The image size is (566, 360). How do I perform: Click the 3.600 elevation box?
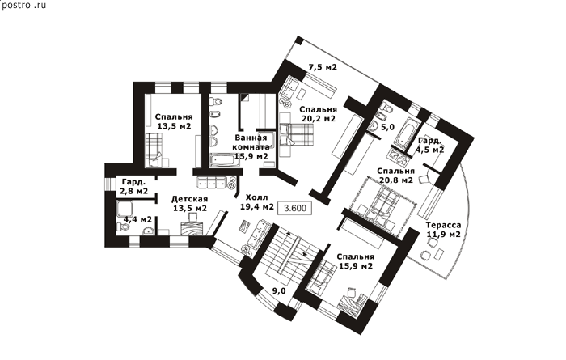click(294, 209)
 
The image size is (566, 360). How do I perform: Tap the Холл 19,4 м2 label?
click(257, 202)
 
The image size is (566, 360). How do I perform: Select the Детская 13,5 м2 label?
click(189, 204)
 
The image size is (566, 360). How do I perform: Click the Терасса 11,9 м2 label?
click(443, 230)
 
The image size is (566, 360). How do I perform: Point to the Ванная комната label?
click(251, 142)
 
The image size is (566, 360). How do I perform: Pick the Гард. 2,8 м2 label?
click(135, 186)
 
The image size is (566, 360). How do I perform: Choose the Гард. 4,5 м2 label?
click(430, 145)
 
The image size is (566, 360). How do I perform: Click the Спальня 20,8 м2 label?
click(395, 175)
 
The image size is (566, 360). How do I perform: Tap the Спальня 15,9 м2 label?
click(356, 261)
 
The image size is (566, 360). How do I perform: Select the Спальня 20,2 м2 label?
click(318, 114)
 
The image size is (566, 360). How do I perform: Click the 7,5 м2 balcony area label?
click(323, 67)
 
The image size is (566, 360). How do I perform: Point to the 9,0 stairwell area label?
click(279, 291)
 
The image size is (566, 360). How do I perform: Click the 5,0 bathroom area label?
click(387, 127)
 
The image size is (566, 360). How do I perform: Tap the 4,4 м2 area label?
click(137, 219)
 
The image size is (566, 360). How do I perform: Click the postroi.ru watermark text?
click(23, 6)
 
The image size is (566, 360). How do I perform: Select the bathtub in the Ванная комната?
click(226, 160)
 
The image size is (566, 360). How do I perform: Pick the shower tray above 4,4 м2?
click(125, 209)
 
